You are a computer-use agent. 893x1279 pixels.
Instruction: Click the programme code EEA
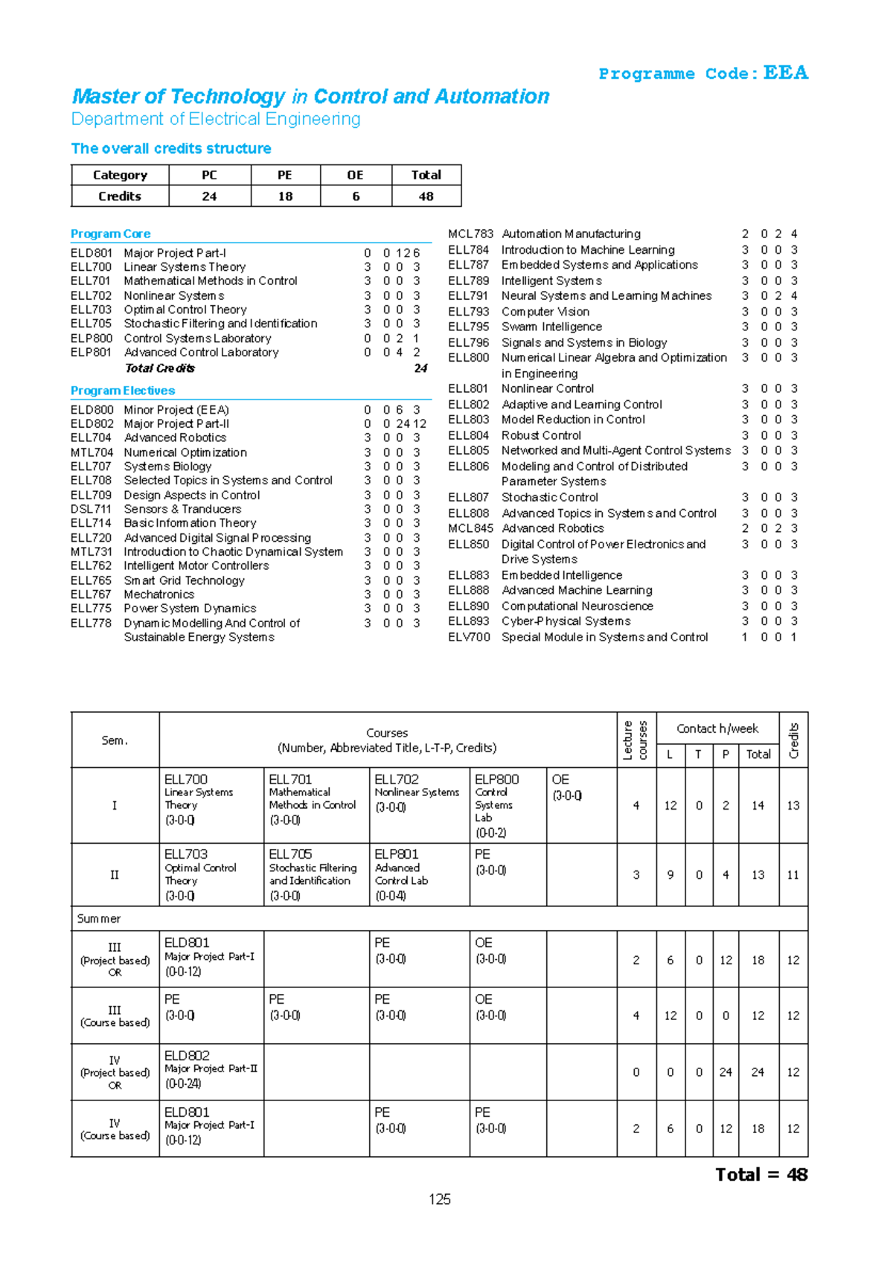785,73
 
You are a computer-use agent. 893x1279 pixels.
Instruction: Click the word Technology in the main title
227,97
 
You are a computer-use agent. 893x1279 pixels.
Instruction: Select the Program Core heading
110,234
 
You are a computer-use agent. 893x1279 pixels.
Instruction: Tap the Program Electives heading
123,391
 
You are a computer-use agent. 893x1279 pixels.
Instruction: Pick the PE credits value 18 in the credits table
285,196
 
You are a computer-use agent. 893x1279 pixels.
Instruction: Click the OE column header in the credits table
355,175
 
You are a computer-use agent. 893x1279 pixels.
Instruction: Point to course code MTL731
91,552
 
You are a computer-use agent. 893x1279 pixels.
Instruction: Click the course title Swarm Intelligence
551,327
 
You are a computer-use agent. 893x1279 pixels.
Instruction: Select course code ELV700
469,637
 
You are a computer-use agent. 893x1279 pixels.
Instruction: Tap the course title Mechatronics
159,594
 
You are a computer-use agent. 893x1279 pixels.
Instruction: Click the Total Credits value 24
420,368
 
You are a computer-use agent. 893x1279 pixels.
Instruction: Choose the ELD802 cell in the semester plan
187,1056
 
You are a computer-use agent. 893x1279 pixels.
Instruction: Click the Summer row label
99,919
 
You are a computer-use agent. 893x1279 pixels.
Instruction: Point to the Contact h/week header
717,729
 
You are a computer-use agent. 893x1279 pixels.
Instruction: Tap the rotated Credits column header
793,740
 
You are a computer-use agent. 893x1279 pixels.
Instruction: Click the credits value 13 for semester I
793,806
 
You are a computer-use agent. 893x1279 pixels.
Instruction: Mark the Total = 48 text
761,1175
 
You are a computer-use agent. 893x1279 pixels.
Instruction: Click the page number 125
440,1199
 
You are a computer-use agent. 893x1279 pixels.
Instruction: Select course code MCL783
470,234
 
